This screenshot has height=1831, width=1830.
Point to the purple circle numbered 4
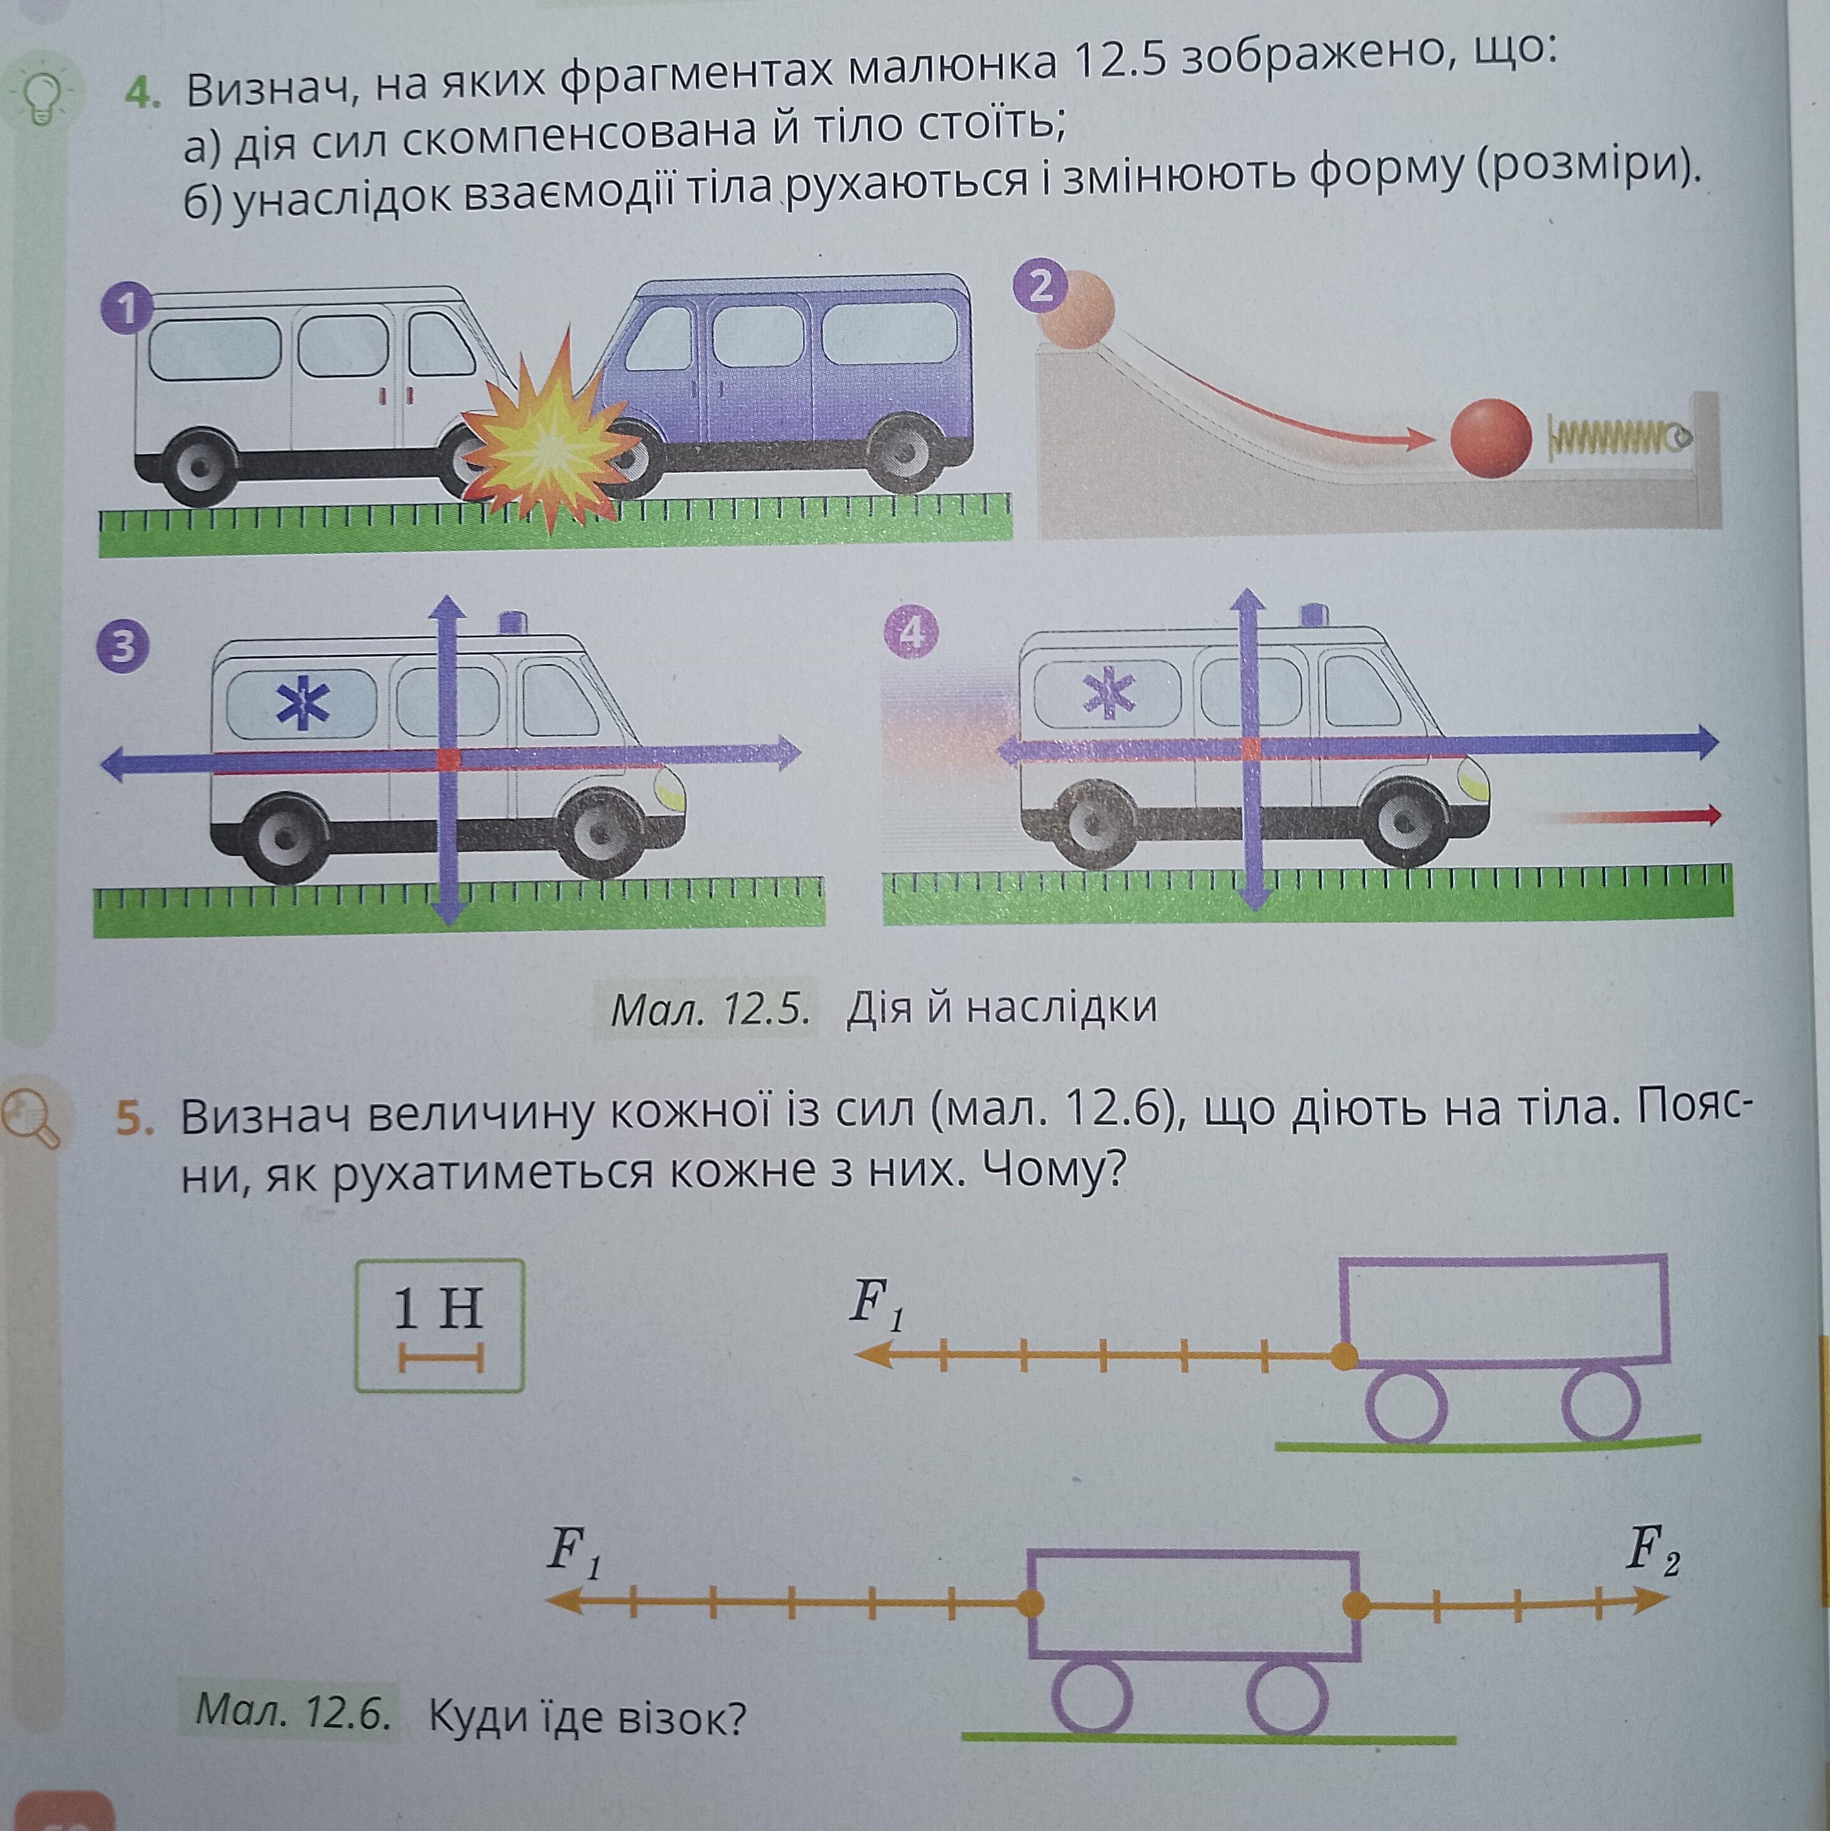pyautogui.click(x=911, y=633)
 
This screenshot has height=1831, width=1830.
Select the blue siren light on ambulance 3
pyautogui.click(x=513, y=623)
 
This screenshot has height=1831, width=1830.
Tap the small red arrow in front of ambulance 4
pyautogui.click(x=1668, y=815)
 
